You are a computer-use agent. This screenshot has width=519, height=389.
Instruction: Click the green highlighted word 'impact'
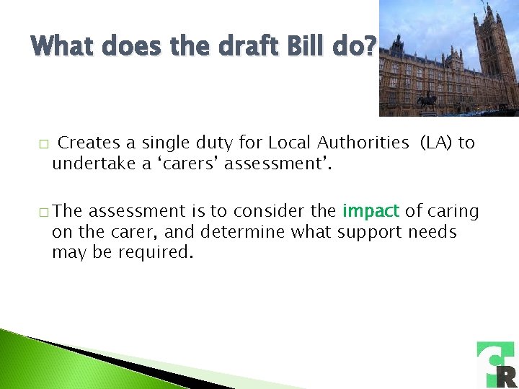coord(371,211)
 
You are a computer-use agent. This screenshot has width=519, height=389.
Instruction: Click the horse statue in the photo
coord(427,100)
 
